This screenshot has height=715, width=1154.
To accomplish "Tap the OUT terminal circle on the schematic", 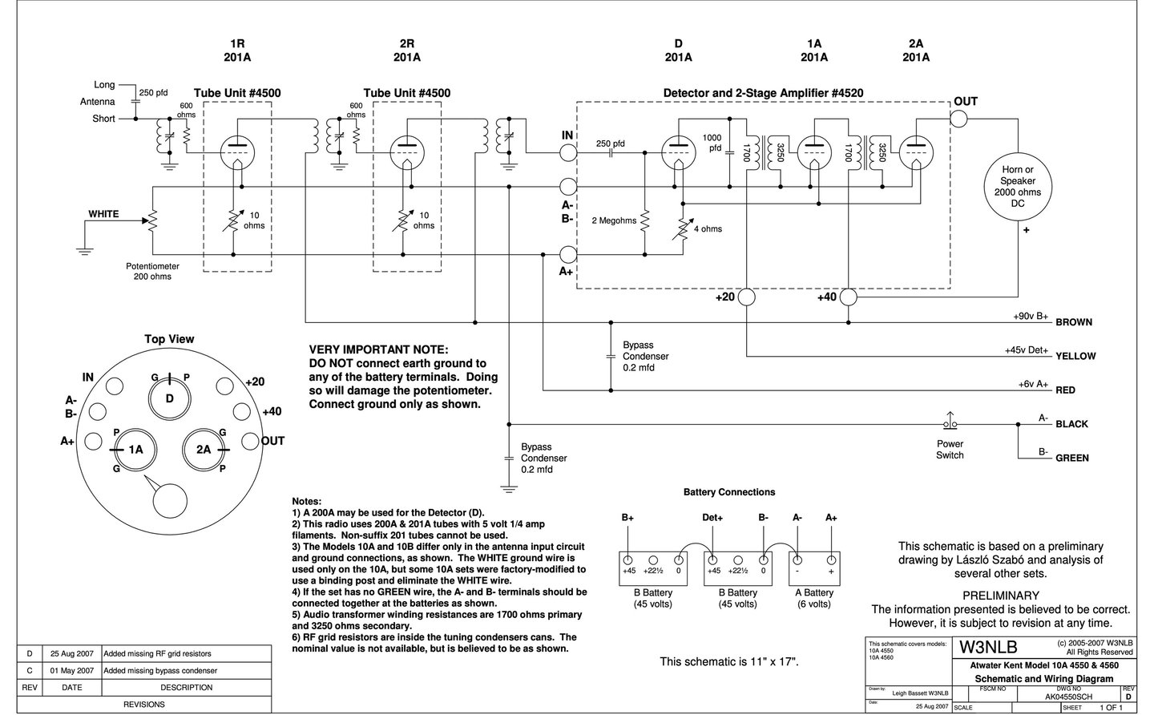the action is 958,119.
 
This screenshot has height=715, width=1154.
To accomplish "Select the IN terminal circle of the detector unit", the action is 567,152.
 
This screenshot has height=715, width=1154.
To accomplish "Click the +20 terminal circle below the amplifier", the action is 747,297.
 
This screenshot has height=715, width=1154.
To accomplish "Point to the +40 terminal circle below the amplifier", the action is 848,297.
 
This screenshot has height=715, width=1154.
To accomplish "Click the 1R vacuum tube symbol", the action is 237,152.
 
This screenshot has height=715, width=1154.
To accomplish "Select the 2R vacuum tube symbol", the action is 407,152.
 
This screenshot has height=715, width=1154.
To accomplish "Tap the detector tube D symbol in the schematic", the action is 679,152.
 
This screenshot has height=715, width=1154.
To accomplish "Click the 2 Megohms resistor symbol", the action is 644,220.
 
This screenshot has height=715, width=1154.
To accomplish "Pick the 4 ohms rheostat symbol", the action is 683,228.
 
